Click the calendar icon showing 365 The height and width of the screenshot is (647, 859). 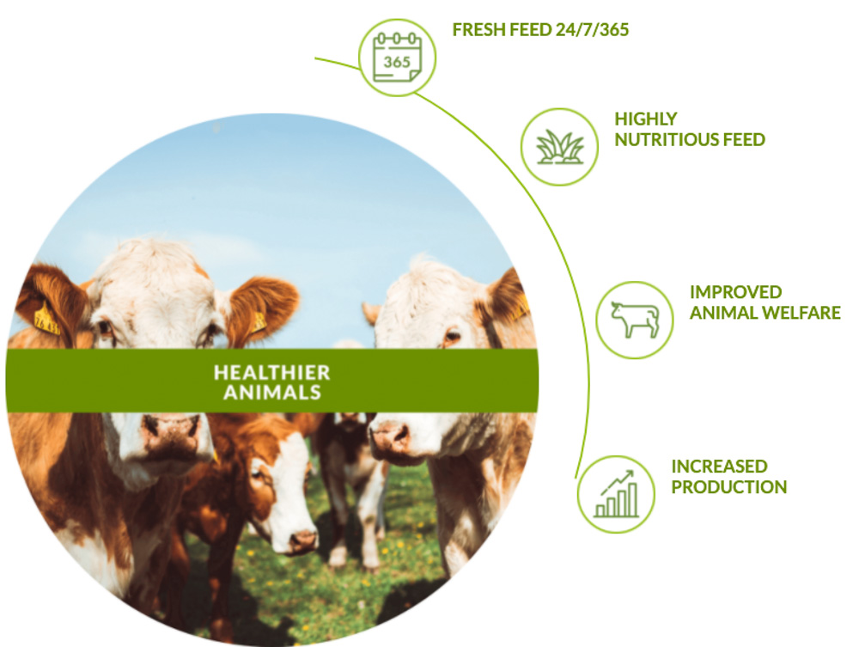click(397, 57)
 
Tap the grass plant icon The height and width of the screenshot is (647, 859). click(559, 147)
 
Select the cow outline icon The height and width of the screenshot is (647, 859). click(635, 320)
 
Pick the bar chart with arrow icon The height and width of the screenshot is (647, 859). click(616, 494)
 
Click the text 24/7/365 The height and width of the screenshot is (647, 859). click(592, 29)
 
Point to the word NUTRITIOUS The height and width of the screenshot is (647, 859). click(667, 140)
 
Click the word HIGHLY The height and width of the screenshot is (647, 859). click(646, 119)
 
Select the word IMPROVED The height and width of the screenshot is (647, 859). click(736, 292)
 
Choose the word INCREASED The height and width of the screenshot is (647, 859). click(719, 467)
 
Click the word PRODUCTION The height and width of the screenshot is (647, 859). click(729, 487)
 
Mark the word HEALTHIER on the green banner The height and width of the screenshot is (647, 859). click(271, 373)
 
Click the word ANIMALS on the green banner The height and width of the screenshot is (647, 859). click(271, 393)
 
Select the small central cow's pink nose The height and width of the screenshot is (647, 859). click(302, 540)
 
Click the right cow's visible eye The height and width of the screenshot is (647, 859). click(453, 335)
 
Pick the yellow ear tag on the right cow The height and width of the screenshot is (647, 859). click(520, 309)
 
